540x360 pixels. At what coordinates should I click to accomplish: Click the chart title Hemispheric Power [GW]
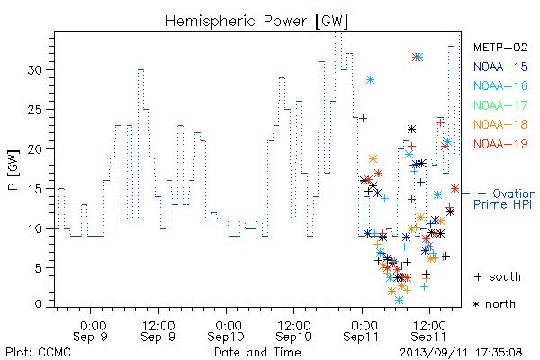point(256,22)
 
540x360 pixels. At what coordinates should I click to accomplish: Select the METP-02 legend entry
point(500,47)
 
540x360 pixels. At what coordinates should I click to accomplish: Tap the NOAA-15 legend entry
point(500,67)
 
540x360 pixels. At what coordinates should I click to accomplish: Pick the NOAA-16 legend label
point(500,85)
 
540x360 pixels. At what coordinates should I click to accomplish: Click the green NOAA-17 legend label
point(500,105)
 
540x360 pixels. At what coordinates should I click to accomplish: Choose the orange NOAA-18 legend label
point(500,124)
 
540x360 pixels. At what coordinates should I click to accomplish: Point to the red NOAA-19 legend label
point(500,144)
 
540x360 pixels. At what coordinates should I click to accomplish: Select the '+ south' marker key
point(498,276)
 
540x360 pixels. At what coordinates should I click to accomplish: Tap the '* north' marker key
point(494,304)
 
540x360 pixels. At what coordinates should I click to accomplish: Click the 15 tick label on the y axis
point(34,189)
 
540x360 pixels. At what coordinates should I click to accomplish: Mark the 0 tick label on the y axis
point(38,304)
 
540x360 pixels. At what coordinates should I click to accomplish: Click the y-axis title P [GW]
point(13,170)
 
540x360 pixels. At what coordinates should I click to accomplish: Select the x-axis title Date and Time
point(257,352)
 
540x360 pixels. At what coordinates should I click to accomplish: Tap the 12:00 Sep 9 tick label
point(158,330)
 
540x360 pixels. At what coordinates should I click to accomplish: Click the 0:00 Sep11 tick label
point(361,330)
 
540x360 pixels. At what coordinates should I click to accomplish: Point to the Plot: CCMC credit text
point(38,352)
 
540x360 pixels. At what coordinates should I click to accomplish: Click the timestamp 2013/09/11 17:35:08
point(461,353)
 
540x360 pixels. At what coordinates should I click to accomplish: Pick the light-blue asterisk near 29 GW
point(370,80)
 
